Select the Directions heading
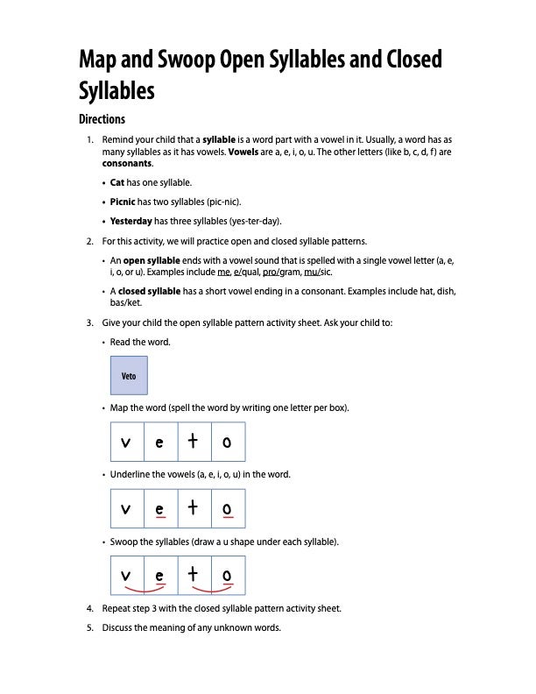tap(102, 119)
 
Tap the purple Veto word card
tap(129, 376)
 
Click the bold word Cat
tap(117, 183)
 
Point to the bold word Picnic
tap(123, 202)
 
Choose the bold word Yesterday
tap(131, 221)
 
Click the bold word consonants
tap(127, 164)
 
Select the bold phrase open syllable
tap(146, 260)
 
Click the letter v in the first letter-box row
tap(127, 443)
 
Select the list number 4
tap(90, 608)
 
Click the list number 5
tap(90, 627)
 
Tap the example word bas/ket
tap(126, 302)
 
